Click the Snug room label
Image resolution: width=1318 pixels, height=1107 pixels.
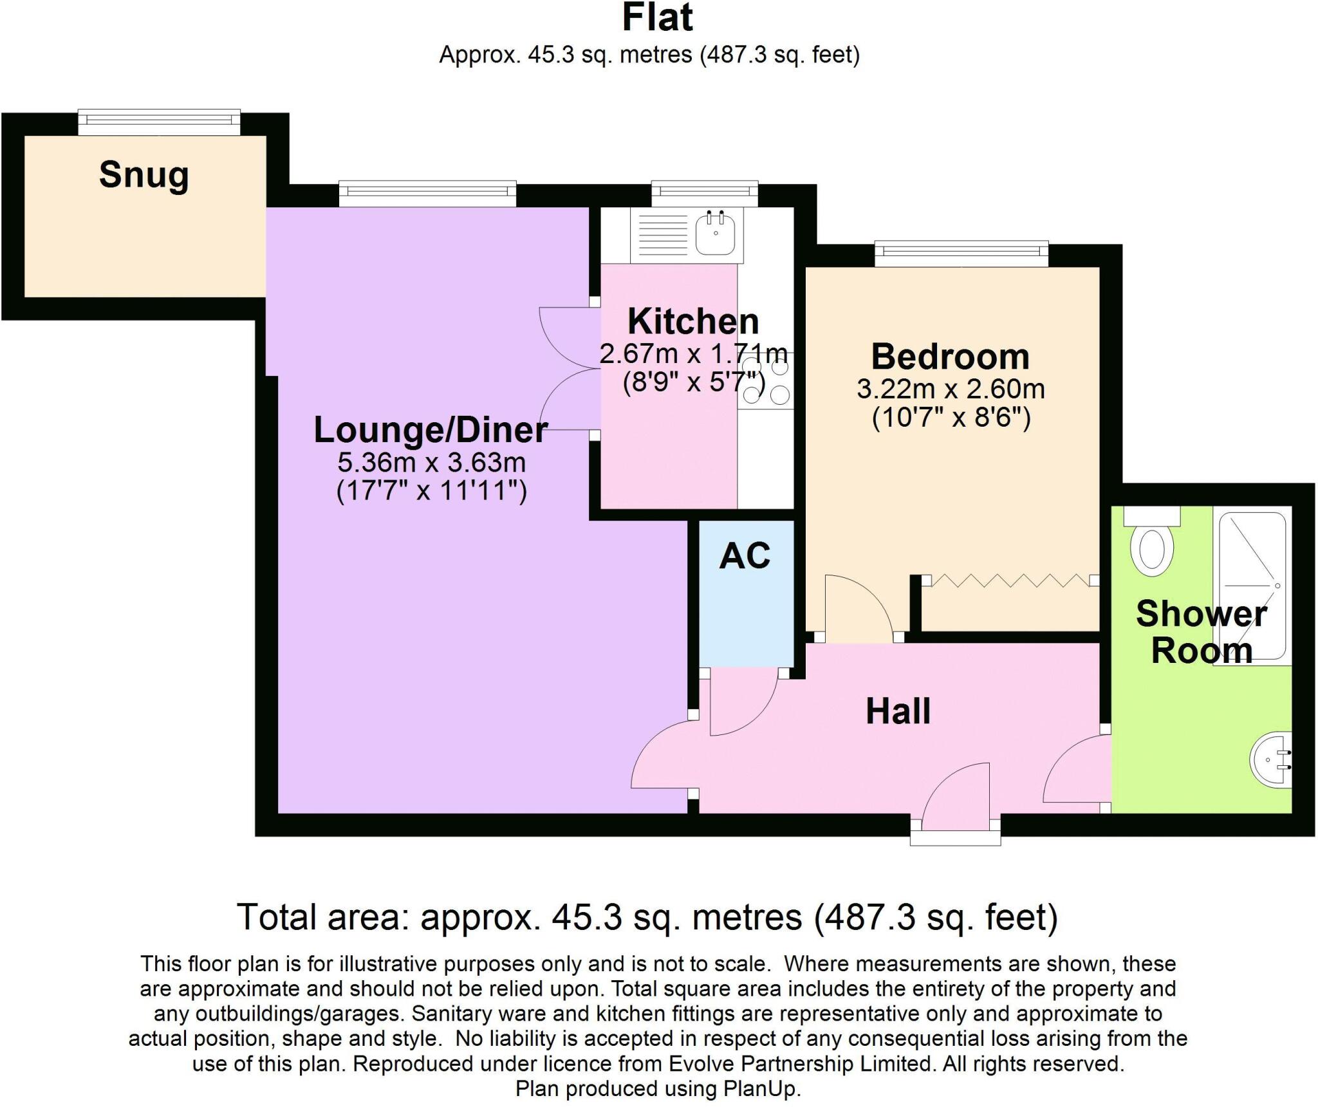click(144, 175)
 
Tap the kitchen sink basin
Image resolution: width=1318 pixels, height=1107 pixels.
click(715, 232)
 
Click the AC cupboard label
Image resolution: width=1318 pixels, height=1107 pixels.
click(745, 556)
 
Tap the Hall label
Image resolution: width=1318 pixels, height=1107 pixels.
click(898, 711)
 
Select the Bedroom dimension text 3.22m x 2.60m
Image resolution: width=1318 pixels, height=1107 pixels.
click(951, 389)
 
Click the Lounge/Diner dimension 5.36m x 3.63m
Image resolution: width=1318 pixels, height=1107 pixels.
click(431, 463)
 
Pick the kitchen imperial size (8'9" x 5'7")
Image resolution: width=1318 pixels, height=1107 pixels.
click(693, 384)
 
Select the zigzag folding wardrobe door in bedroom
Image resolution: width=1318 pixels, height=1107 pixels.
click(1010, 581)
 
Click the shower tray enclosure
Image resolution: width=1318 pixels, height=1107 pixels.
click(1252, 586)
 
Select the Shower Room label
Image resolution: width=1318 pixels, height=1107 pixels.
click(1201, 632)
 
